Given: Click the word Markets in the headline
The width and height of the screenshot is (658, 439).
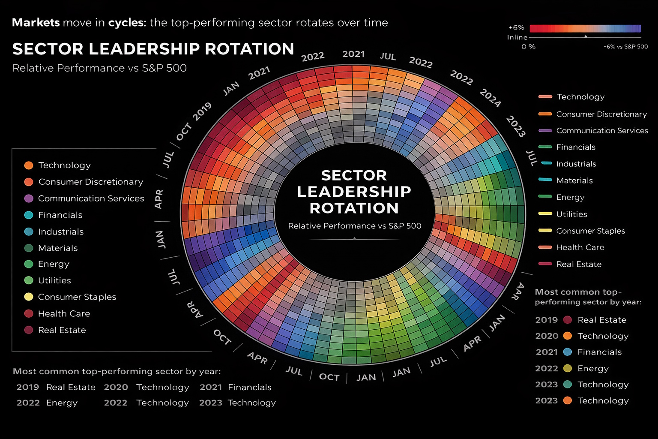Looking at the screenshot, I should [x=36, y=23].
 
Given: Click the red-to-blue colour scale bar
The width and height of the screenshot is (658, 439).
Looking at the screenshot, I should [x=585, y=29].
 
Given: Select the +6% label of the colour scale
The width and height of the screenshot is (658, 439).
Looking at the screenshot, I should [x=516, y=27].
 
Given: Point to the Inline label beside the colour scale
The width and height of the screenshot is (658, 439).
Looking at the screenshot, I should [x=517, y=37].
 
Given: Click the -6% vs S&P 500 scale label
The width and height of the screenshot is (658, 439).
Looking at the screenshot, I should [x=625, y=46].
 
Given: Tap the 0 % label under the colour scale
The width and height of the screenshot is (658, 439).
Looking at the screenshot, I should [x=528, y=46].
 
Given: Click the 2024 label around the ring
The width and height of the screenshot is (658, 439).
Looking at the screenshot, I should [x=490, y=98].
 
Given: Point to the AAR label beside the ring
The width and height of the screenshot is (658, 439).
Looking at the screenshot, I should [x=520, y=291].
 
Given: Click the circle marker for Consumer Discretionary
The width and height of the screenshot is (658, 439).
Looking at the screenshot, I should [x=29, y=182].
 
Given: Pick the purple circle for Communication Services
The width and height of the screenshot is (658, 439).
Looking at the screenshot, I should [x=29, y=198].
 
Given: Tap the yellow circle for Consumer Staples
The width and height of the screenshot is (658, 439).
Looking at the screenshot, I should [x=29, y=297].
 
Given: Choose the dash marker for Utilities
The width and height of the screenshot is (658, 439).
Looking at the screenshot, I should [x=545, y=213].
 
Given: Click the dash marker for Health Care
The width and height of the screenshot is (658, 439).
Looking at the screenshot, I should [x=545, y=247].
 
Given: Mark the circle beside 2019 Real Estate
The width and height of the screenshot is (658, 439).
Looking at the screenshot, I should [x=568, y=320].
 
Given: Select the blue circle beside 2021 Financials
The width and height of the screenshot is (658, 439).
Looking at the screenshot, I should [x=568, y=352].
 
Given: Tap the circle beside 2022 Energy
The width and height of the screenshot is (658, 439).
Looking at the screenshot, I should [x=568, y=368].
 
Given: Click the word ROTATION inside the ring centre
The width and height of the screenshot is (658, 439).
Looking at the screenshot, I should [x=354, y=208].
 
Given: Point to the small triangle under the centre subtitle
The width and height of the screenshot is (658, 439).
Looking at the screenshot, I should [x=354, y=238].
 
